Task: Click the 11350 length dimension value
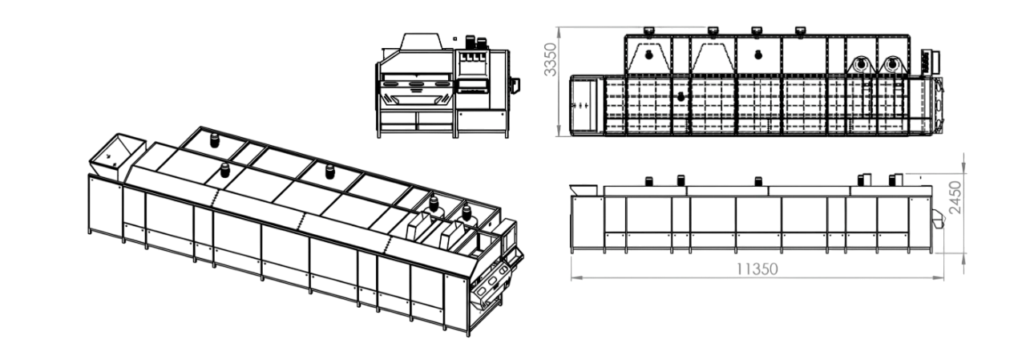coord(757,269)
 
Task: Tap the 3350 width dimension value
coord(550,59)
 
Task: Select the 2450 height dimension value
coord(955,198)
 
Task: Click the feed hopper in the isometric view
coord(117,156)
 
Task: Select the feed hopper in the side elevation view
coord(583,189)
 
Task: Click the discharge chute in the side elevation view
coord(939,218)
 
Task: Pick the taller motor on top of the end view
coord(471,42)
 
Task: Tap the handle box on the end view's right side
coord(515,85)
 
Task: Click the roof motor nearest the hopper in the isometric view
coord(214,140)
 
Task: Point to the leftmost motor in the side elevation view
coord(649,181)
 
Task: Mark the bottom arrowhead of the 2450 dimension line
coord(964,259)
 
